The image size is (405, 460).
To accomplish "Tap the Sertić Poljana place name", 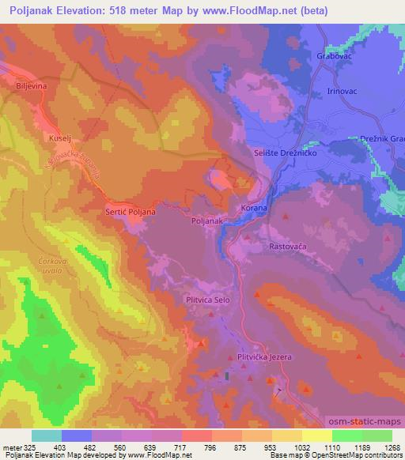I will pos(131,212).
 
